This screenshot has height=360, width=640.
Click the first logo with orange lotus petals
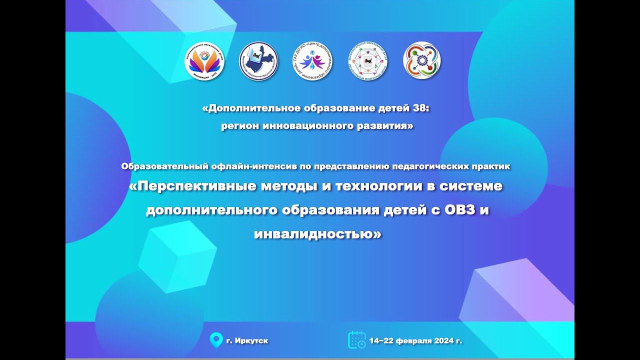point(204,60)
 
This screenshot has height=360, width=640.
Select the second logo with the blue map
point(258,60)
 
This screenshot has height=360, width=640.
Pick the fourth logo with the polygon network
point(367,60)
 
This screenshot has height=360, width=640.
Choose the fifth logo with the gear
point(422,60)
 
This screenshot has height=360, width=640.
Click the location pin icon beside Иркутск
point(216,340)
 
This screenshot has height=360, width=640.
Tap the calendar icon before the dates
point(356,340)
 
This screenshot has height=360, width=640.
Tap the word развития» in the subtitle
point(388,126)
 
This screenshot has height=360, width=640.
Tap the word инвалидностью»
point(317,233)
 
